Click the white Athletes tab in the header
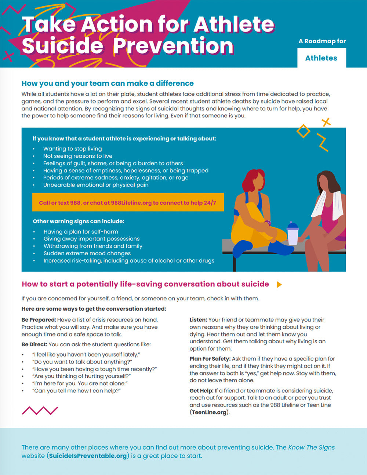click(x=321, y=58)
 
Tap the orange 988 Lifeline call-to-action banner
click(x=128, y=202)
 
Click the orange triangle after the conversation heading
click(x=279, y=285)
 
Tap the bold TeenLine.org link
click(x=209, y=412)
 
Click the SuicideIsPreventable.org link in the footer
click(x=88, y=456)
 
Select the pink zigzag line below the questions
click(x=40, y=410)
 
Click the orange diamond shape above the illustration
click(x=303, y=131)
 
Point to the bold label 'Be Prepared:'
click(x=39, y=320)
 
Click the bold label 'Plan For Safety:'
click(x=210, y=359)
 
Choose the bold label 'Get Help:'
click(x=201, y=391)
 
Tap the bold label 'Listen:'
click(x=198, y=320)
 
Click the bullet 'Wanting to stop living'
click(x=72, y=149)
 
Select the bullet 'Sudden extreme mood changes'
click(x=87, y=253)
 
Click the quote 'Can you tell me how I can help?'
click(x=76, y=391)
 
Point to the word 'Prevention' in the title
click(x=173, y=46)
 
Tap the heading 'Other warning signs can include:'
click(x=79, y=221)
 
